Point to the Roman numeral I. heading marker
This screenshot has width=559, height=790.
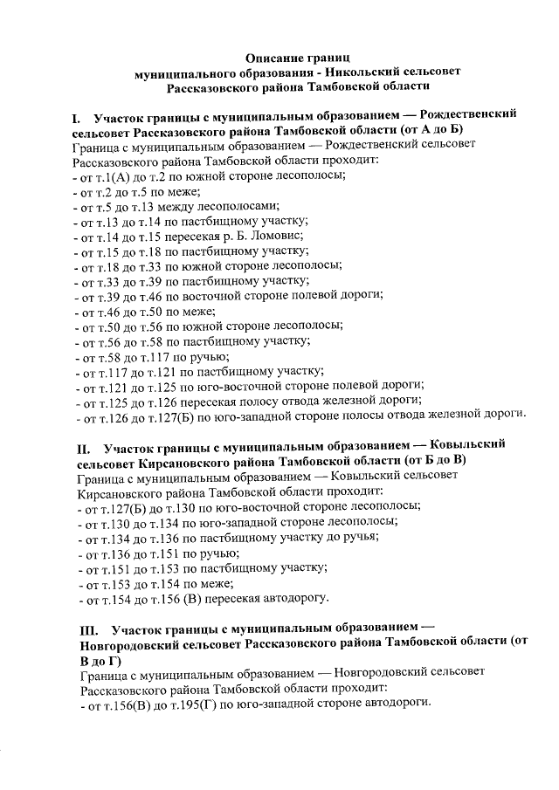[x=77, y=116]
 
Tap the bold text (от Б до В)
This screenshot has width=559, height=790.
[x=437, y=460]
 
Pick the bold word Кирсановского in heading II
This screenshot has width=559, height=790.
[x=185, y=460]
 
